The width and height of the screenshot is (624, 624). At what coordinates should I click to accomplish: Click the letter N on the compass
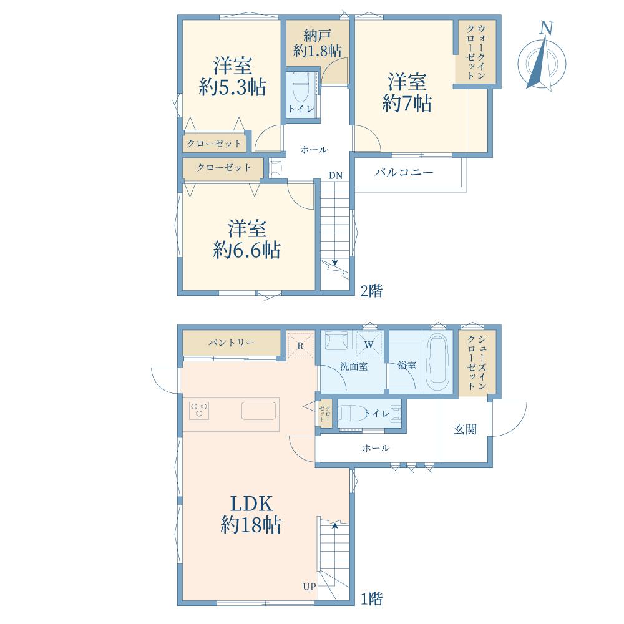pos(547,28)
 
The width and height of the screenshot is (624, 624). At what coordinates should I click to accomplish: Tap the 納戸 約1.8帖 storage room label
pos(317,44)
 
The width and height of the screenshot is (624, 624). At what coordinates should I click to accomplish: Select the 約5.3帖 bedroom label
pos(232,76)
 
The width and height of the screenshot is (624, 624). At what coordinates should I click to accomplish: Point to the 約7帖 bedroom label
pos(407,92)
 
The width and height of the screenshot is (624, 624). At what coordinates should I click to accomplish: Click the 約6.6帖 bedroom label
pos(246,239)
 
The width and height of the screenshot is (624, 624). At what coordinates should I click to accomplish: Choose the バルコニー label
pos(404,172)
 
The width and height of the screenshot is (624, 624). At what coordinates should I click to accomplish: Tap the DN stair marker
pos(336,175)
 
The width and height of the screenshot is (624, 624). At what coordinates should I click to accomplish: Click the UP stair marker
pos(310,586)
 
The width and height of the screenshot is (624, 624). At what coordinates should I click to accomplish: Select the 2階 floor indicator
pos(371,291)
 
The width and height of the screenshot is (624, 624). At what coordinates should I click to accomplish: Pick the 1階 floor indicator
pos(371,598)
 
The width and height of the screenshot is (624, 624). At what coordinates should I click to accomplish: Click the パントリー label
pos(232,342)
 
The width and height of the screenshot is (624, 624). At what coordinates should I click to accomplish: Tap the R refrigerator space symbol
pos(301,346)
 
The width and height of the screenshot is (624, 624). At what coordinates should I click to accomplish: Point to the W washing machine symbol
pos(369,344)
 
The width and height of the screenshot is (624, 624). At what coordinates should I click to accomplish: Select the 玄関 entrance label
pos(465,429)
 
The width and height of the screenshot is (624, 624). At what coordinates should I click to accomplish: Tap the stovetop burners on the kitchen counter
pos(200,411)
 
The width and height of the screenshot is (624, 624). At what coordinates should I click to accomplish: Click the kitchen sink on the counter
pos(259,411)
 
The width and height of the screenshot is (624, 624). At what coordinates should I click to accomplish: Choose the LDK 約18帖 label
pos(251,514)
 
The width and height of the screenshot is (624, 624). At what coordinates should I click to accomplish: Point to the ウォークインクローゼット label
pos(475,52)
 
